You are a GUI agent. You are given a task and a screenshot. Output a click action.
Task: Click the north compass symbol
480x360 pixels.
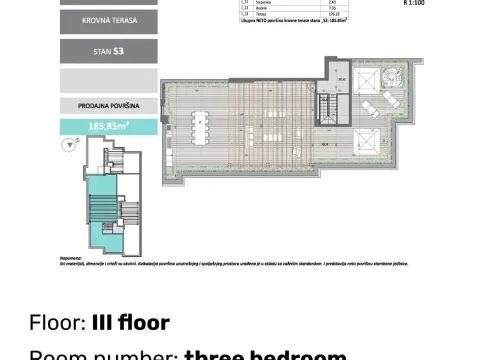coord(68,145)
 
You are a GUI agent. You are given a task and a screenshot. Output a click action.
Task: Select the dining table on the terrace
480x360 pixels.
coord(200,127)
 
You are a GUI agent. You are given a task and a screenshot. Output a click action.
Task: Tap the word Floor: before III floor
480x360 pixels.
coord(59,323)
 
